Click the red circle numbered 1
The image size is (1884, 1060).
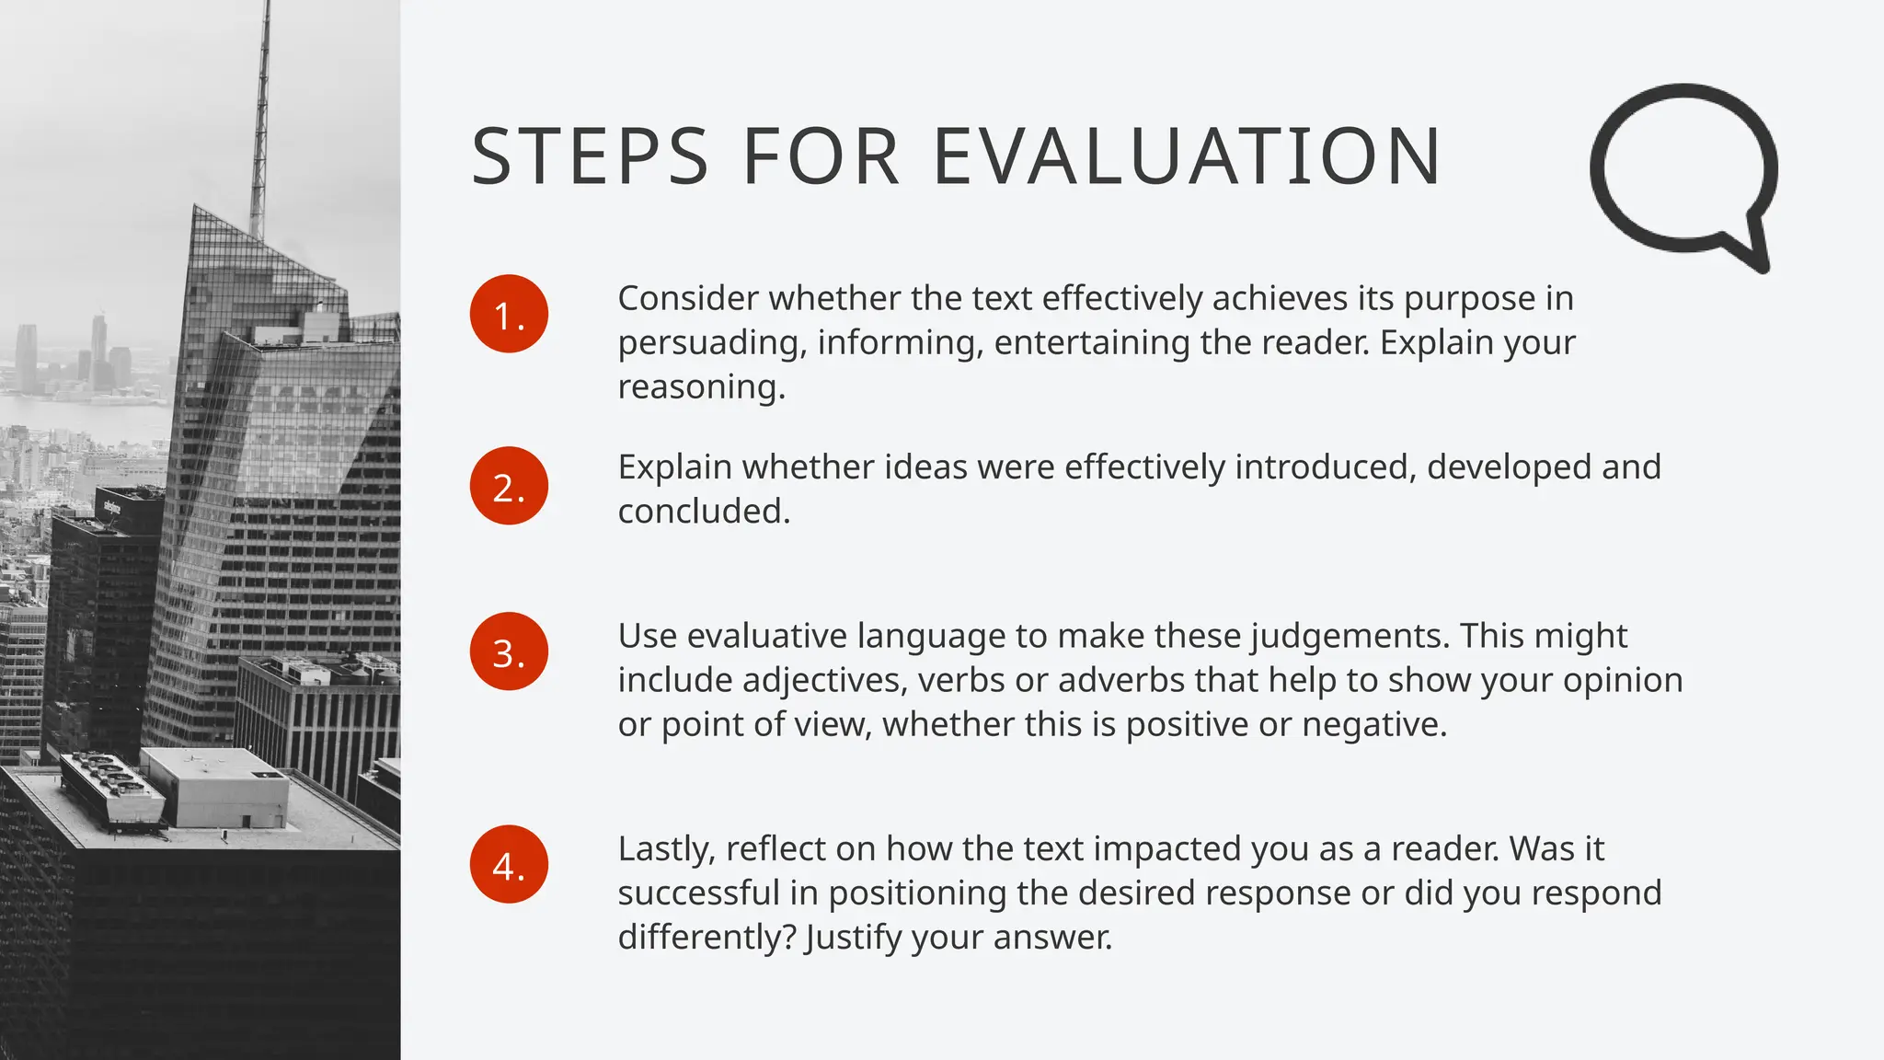pos(509,314)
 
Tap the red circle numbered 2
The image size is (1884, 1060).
pos(509,486)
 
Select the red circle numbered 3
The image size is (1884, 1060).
pos(509,651)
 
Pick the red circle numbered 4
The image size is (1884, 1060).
pos(509,864)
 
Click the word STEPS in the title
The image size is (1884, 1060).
pos(590,156)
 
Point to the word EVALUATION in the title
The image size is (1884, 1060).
pos(1187,156)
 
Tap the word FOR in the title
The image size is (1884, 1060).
pos(821,156)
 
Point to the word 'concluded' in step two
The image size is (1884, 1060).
pos(703,512)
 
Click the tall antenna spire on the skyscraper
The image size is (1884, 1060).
pos(262,110)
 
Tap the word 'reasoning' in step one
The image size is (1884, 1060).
pos(700,387)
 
